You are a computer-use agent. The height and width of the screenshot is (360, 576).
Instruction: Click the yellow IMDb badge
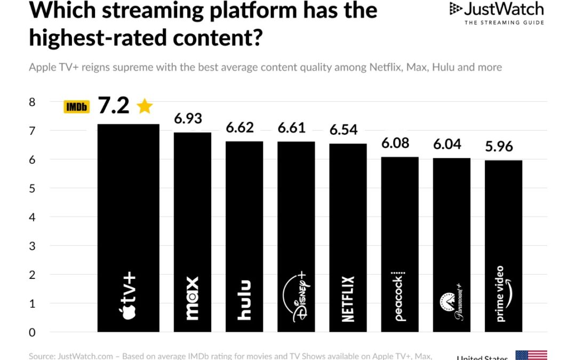[x=77, y=107]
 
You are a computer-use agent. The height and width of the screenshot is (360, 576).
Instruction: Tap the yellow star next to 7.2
[x=145, y=106]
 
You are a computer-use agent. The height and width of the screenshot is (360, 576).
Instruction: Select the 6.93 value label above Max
[x=188, y=118]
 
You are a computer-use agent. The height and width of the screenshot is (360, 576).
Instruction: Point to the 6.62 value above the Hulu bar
[x=239, y=127]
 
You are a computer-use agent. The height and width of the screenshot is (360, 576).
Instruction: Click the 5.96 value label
[x=499, y=146]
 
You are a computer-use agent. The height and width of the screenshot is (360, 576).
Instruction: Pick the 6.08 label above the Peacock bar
[x=395, y=143]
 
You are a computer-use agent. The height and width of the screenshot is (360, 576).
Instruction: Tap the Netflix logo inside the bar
[x=348, y=299]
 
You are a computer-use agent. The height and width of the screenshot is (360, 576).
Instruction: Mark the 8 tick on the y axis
[x=31, y=102]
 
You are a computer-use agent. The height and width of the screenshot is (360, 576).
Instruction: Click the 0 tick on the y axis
[x=31, y=332]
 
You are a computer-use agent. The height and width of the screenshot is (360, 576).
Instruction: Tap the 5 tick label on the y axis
[x=31, y=188]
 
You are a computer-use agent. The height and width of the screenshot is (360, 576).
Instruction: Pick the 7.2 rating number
[x=114, y=106]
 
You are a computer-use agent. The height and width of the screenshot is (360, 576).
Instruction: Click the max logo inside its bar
[x=192, y=298]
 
